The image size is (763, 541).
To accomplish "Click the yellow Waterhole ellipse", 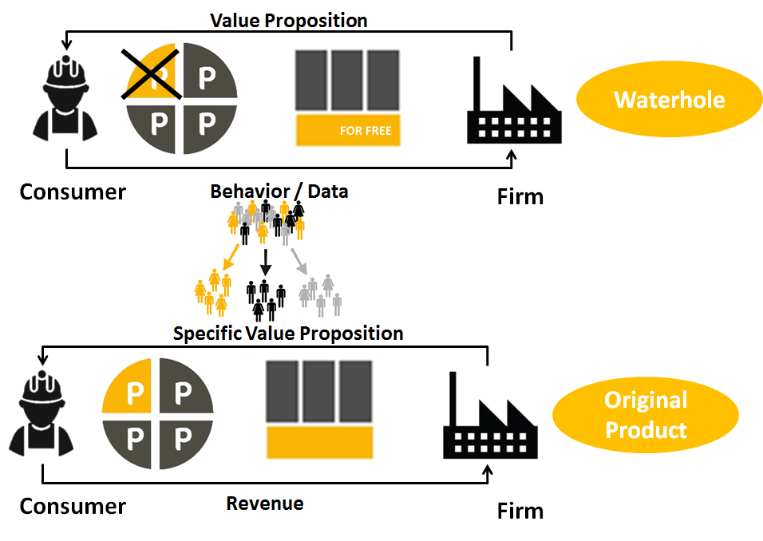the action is pyautogui.click(x=669, y=99).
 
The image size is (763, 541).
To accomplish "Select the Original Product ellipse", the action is pyautogui.click(x=646, y=415).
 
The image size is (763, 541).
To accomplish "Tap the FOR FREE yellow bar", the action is pyautogui.click(x=348, y=130).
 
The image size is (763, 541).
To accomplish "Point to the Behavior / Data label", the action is pyautogui.click(x=279, y=192).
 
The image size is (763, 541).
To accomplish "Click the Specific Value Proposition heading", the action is pyautogui.click(x=288, y=334).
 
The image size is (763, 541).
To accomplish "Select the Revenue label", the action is pyautogui.click(x=265, y=503).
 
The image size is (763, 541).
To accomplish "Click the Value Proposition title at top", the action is pyautogui.click(x=289, y=21).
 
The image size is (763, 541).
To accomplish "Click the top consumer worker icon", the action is pyautogui.click(x=65, y=98).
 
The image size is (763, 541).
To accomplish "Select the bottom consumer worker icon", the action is pyautogui.click(x=42, y=413).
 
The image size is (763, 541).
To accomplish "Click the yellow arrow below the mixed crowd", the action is pyautogui.click(x=231, y=258).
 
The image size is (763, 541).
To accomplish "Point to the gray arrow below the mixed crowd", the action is pyautogui.click(x=299, y=261).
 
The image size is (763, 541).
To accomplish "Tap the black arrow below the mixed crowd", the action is pyautogui.click(x=265, y=263).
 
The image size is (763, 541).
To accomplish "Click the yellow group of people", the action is pyautogui.click(x=212, y=292).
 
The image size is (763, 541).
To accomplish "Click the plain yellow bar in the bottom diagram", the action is pyautogui.click(x=320, y=442).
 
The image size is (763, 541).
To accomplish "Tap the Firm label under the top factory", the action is pyautogui.click(x=520, y=197).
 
